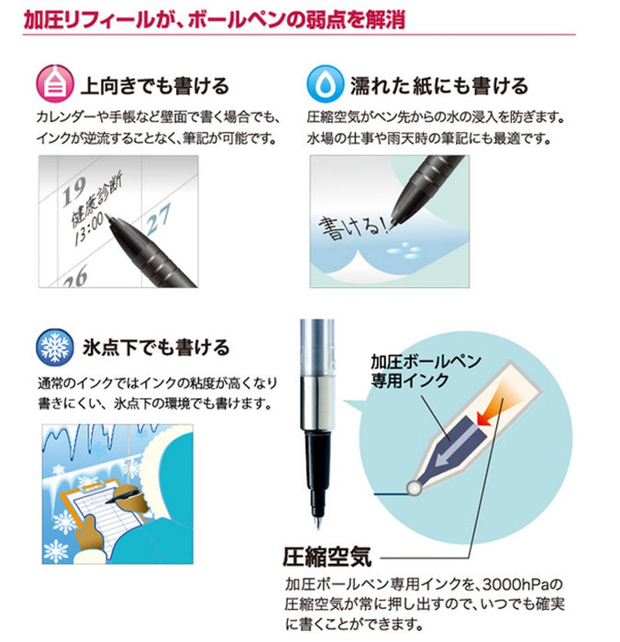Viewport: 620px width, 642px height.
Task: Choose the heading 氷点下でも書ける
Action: click(x=156, y=349)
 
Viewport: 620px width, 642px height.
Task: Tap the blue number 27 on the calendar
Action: click(x=160, y=218)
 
